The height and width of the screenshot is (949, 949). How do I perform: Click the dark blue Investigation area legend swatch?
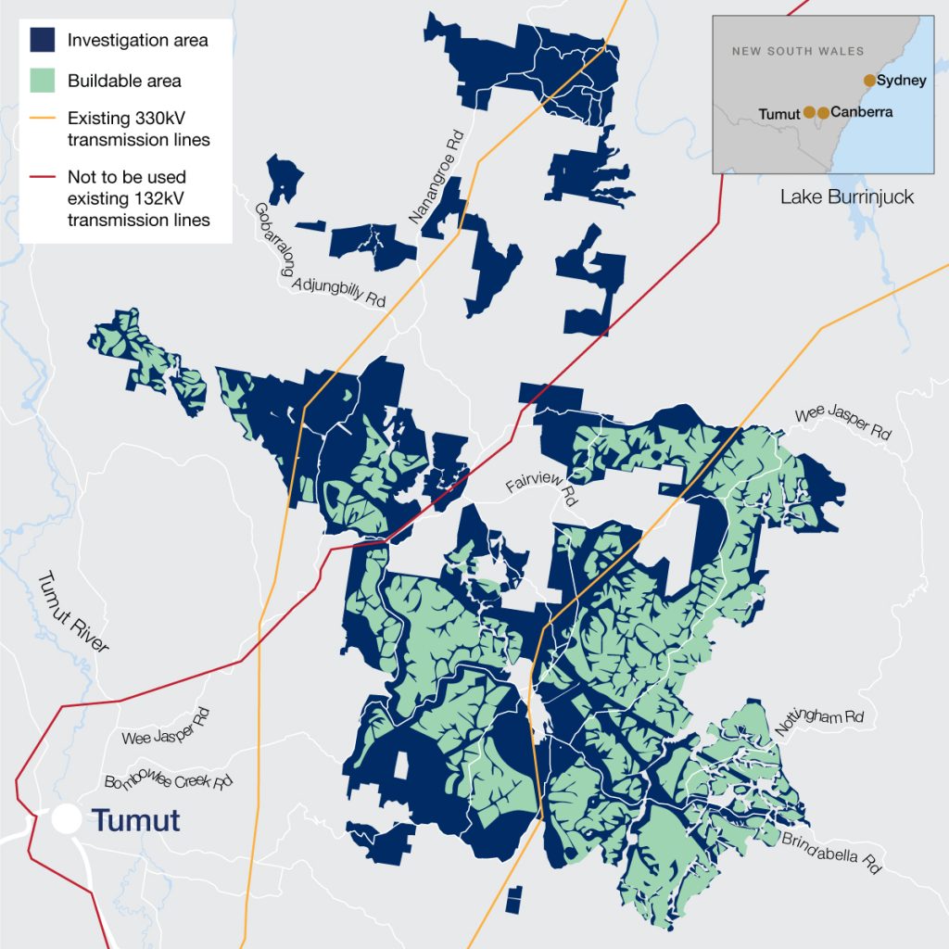point(43,40)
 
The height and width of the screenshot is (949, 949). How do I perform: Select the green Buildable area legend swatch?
point(43,81)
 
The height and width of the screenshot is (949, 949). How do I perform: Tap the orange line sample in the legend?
point(43,120)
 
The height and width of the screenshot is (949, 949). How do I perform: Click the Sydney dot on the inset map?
point(869,81)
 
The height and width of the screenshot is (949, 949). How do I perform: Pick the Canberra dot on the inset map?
point(823,112)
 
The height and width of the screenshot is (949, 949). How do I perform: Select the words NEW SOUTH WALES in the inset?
point(797,52)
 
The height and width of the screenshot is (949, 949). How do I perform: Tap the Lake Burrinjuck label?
point(846,196)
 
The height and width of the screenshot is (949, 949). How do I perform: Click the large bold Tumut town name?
point(135,820)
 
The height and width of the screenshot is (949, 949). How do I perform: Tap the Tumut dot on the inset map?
point(809,112)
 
